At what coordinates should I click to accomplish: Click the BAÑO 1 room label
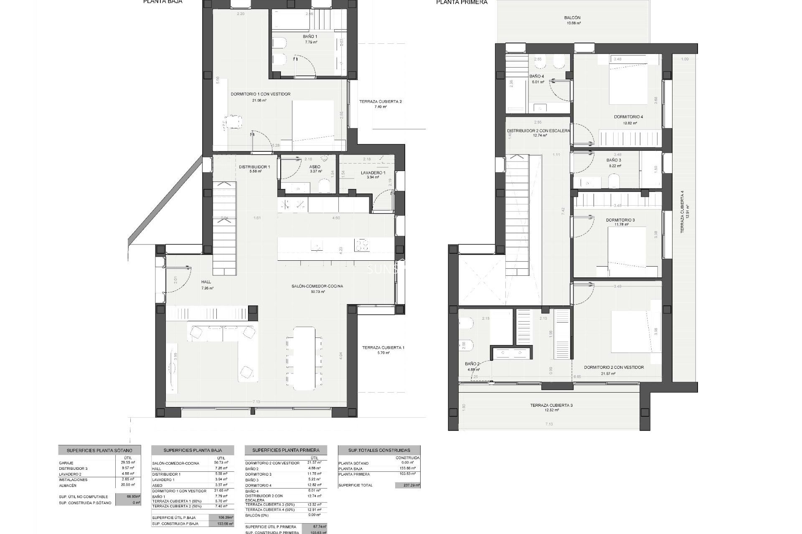pos(310,37)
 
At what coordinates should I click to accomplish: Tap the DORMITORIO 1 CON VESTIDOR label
pos(260,94)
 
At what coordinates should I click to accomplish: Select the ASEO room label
pos(315,166)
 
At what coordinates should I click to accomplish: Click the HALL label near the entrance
pos(206,282)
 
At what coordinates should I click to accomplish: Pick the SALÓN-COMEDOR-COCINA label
pos(317,286)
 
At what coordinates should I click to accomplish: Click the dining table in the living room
pos(304,358)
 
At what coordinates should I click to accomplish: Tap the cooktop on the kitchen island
pos(362,244)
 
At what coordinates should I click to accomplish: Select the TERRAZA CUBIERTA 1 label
pos(383,348)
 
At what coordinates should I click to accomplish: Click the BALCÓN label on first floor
pos(572,18)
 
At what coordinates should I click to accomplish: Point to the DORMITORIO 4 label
pos(628,117)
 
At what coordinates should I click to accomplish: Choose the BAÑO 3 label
pos(614,160)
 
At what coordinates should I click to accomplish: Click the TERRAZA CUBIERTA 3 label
pos(548,405)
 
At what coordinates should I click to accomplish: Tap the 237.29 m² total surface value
pos(407,485)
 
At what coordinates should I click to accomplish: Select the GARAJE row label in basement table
pos(66,463)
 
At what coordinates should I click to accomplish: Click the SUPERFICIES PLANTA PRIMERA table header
pos(286,450)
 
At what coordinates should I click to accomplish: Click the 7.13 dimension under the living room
pos(256,402)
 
